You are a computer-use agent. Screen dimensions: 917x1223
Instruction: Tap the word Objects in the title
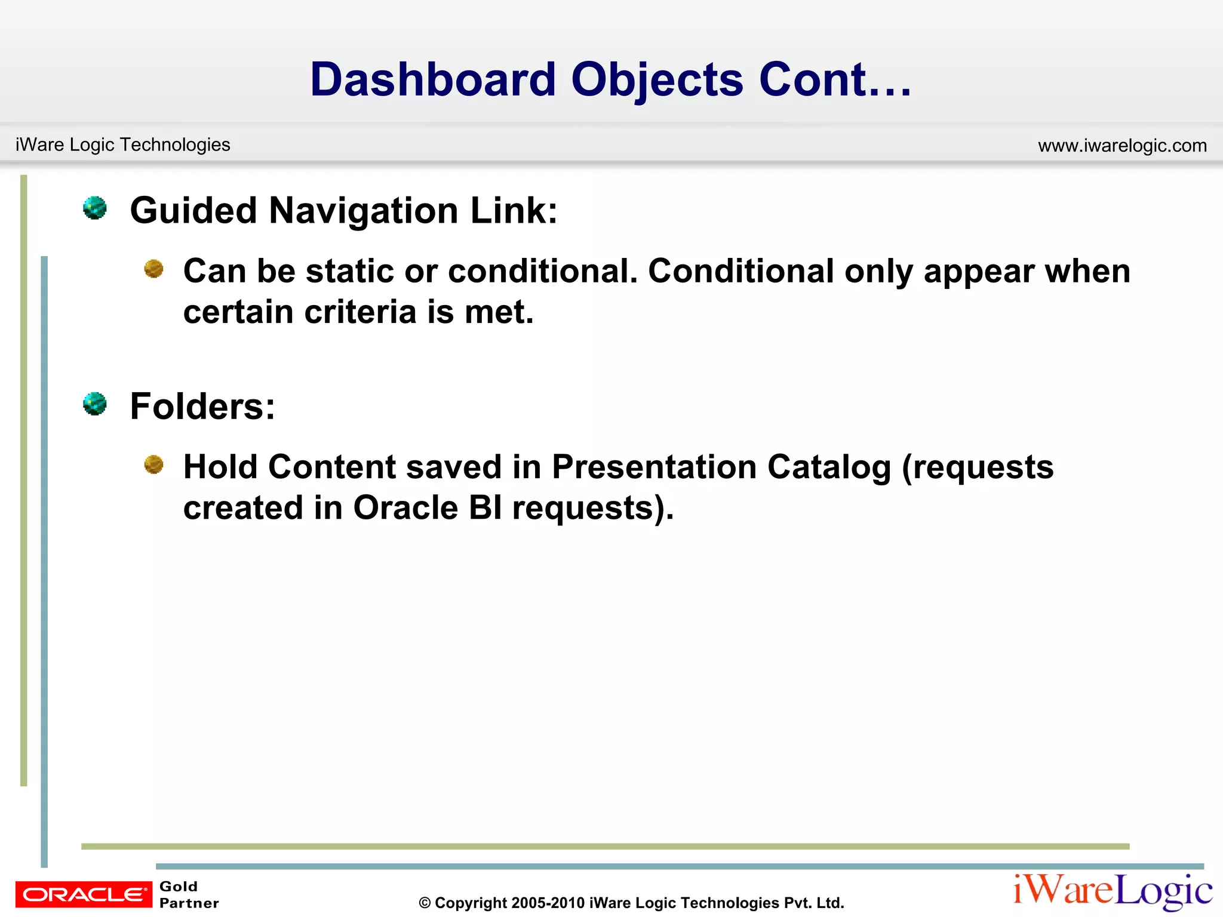[x=657, y=81]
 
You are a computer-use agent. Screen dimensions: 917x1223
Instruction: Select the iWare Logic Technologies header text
[x=122, y=144]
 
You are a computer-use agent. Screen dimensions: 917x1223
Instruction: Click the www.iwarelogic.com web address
[x=1122, y=146]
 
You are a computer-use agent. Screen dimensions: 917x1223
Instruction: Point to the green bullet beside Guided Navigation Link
[x=95, y=208]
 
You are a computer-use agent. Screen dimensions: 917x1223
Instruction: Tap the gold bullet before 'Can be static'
[x=154, y=269]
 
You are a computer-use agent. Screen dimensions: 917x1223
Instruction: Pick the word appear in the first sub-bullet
[x=979, y=272]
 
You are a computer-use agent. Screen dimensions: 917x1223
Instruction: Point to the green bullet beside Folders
[x=95, y=404]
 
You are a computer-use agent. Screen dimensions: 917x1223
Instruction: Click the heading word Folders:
[x=202, y=407]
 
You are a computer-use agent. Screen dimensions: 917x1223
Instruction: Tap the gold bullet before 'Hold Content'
[x=154, y=464]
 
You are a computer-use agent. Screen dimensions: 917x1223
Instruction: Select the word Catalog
[x=829, y=467]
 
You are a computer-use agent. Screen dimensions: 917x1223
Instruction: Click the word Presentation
[x=654, y=467]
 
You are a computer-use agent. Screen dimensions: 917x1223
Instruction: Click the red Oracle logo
[x=84, y=894]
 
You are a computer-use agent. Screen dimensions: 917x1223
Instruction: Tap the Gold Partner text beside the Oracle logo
[x=189, y=894]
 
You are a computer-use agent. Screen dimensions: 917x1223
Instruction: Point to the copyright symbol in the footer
[x=425, y=903]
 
